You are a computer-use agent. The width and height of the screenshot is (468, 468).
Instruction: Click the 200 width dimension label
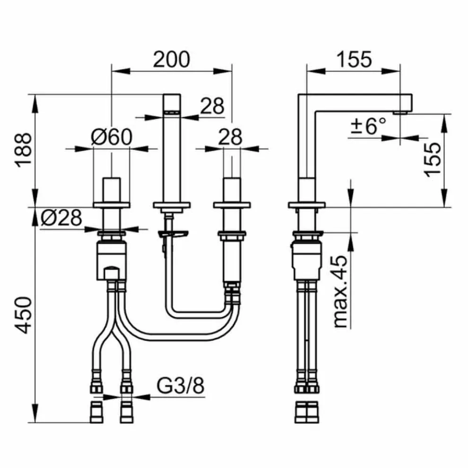pos(171,60)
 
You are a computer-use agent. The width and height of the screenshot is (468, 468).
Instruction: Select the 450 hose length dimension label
pos(23,315)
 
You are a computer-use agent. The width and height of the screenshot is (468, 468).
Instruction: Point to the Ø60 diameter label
pos(112,137)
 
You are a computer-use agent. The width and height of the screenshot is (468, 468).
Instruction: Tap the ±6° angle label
pos(368,125)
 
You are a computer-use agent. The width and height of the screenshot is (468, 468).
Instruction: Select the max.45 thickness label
pos(340,291)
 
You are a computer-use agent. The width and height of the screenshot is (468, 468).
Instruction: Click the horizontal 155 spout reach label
pos(354,60)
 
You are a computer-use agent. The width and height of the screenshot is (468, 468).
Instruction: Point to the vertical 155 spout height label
pos(433,159)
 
